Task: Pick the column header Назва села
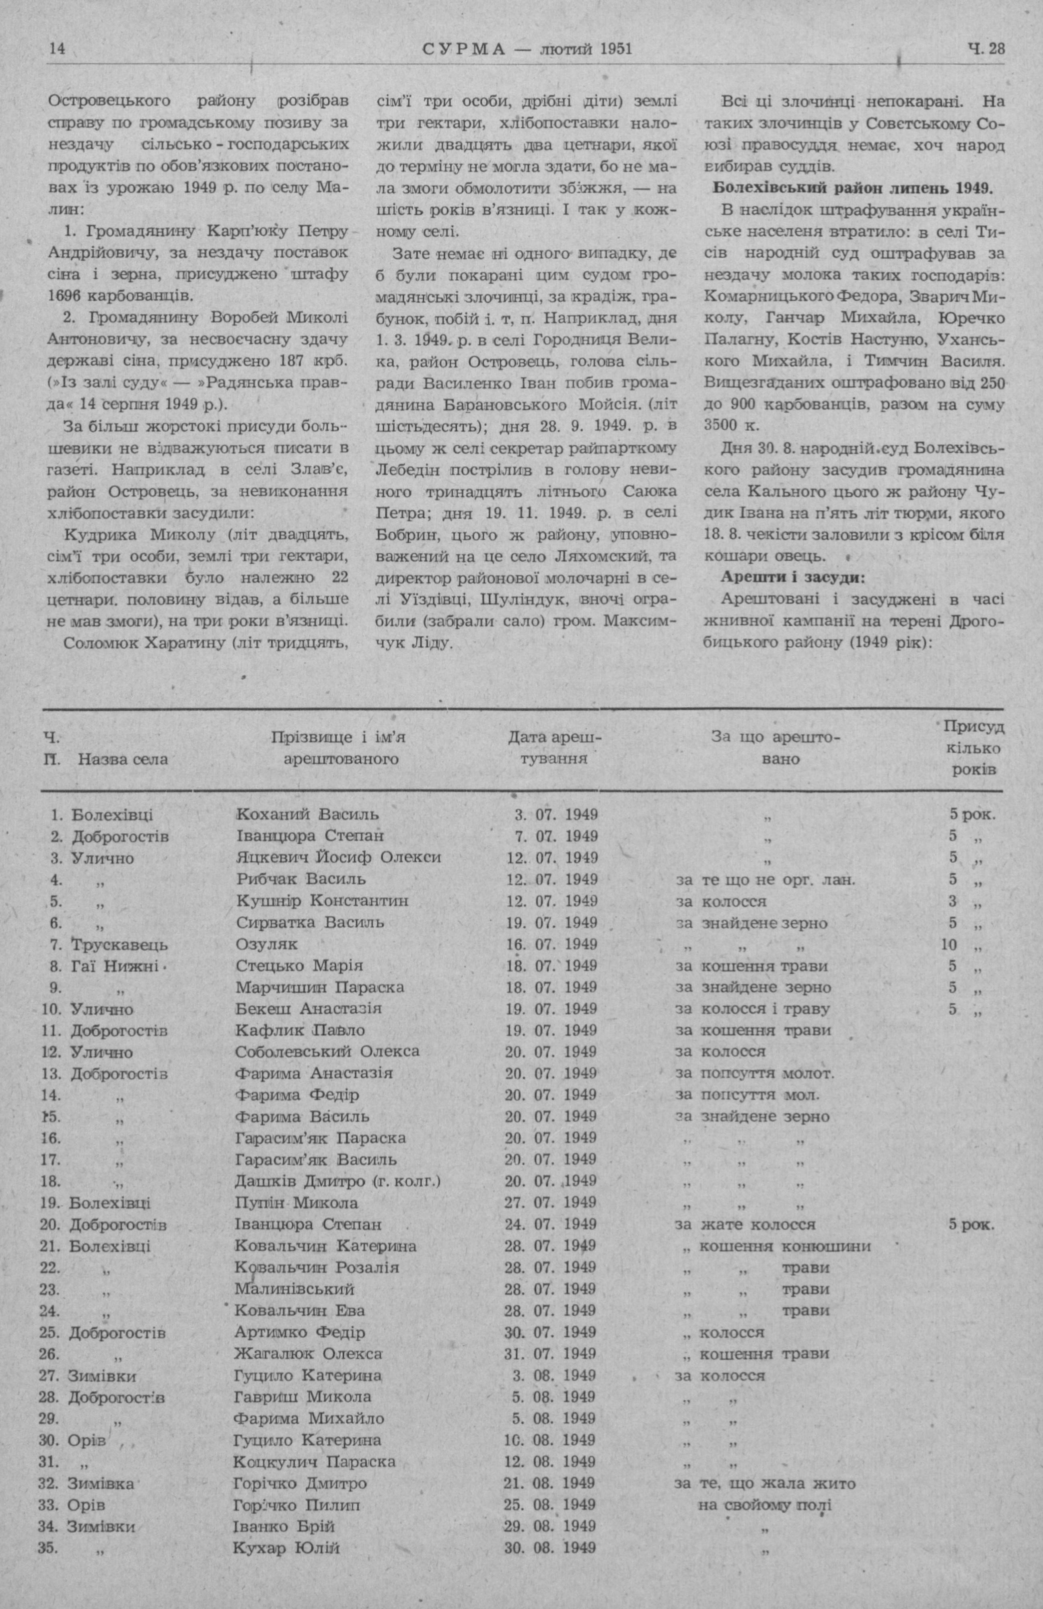pyautogui.click(x=123, y=758)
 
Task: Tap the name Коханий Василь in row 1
pyautogui.click(x=308, y=815)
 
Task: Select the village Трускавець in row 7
pyautogui.click(x=119, y=944)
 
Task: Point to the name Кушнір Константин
pyautogui.click(x=323, y=901)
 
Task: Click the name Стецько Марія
pyautogui.click(x=299, y=966)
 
